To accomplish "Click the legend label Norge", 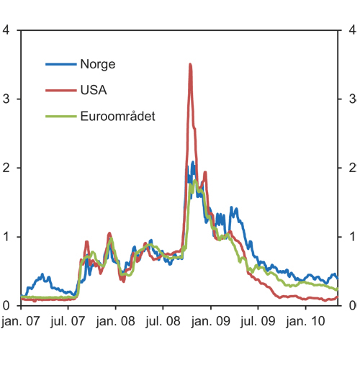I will [x=98, y=64].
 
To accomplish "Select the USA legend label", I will [x=94, y=90].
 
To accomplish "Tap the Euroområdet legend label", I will [x=117, y=116].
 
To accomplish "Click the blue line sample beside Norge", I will [x=60, y=64].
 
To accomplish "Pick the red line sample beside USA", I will [x=60, y=90].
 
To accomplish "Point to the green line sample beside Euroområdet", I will [x=60, y=116].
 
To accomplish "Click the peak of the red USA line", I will [x=190, y=64].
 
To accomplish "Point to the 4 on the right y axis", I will [x=352, y=30].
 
